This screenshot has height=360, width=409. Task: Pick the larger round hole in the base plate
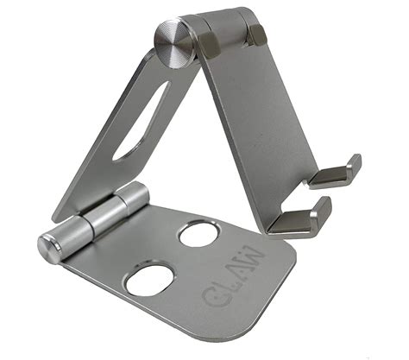tap(149, 281)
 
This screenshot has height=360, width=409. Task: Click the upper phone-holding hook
tap(336, 174)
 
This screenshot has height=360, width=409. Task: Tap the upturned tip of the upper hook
tap(353, 163)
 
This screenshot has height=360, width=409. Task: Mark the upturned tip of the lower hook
tap(323, 205)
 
